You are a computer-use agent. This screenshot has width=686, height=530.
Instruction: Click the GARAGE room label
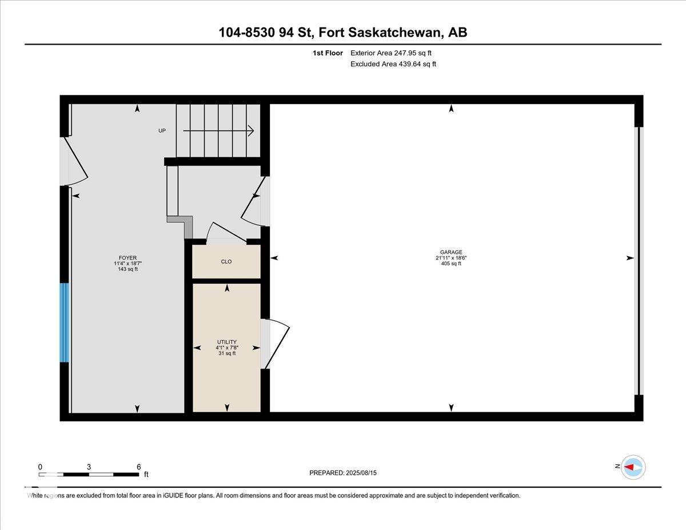pos(451,252)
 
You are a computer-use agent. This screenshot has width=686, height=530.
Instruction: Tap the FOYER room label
pos(127,258)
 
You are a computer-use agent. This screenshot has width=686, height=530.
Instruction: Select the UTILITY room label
pos(227,342)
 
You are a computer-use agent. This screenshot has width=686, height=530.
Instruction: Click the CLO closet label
pos(226,261)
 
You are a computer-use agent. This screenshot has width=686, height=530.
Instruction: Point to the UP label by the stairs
pos(162,130)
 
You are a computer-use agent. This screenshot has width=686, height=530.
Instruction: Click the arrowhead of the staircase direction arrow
pos(252,131)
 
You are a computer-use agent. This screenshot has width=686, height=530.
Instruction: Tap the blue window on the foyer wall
pos(65,322)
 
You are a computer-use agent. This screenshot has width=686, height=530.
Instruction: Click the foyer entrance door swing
pos(76,161)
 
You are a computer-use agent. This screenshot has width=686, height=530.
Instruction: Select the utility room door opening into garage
pos(277,344)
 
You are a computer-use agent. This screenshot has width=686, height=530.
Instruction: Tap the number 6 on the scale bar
pos(138,467)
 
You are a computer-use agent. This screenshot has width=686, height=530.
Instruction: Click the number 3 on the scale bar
pos(89,467)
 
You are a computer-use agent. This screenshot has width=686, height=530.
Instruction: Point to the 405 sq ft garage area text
pos(451,263)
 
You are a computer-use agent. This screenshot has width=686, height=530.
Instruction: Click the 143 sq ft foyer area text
pos(127,269)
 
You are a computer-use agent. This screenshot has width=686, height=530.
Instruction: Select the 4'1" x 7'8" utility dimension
pos(227,348)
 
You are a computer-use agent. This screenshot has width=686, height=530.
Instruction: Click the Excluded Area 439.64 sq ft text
pos(393,64)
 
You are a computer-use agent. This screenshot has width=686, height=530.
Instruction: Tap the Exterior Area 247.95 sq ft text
pos(391,53)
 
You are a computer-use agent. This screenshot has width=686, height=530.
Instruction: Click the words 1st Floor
pos(328,53)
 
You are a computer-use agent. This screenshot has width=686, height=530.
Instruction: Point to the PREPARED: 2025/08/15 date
pos(343,473)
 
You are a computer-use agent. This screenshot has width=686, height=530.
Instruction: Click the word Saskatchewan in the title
pos(394,32)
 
